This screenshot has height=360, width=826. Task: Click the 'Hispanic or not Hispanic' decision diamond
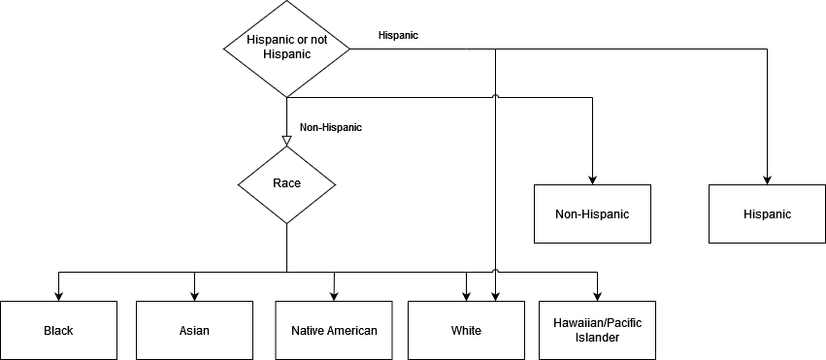click(x=286, y=49)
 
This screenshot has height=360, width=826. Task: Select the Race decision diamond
click(x=286, y=184)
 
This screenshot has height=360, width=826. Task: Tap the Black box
click(x=58, y=331)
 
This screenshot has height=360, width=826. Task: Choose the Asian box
click(x=194, y=331)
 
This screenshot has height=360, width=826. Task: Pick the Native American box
click(x=334, y=331)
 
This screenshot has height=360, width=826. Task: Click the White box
click(x=466, y=331)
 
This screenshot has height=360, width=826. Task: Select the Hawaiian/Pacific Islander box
click(x=597, y=331)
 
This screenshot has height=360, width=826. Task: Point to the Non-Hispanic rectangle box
click(x=592, y=213)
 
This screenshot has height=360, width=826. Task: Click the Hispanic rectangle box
click(x=767, y=213)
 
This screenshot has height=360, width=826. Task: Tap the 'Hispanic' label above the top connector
click(x=398, y=35)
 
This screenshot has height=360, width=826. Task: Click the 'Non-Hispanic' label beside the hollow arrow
click(x=331, y=127)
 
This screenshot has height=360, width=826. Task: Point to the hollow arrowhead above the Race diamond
click(x=286, y=141)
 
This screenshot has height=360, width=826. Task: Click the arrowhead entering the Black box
click(x=58, y=296)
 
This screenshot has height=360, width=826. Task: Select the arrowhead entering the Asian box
click(x=194, y=296)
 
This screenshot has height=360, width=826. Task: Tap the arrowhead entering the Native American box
click(x=334, y=296)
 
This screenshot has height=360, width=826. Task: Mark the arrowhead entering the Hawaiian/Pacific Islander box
click(x=597, y=296)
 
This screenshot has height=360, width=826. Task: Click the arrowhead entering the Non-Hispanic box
click(x=592, y=180)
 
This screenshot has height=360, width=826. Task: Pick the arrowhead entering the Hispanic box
click(x=767, y=180)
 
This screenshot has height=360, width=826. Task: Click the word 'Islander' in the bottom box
click(x=597, y=338)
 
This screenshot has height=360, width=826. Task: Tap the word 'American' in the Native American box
click(x=352, y=331)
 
